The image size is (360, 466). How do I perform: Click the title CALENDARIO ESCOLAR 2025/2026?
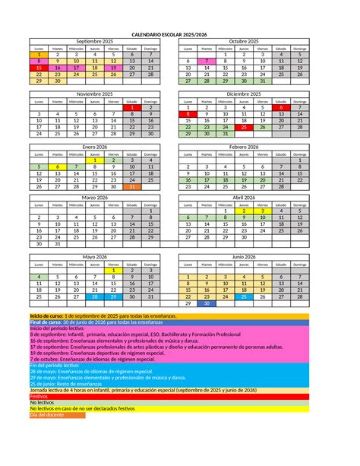[179, 34]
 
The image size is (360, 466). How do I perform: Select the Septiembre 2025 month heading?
[94, 41]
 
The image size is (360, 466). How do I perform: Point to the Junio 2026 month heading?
[244, 257]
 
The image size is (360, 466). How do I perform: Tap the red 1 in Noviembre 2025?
[132, 107]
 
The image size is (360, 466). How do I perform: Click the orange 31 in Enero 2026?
[132, 185]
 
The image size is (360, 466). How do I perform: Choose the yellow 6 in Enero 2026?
[58, 166]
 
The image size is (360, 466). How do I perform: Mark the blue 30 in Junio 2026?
[206, 303]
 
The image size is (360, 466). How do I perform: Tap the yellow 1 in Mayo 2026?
[113, 271]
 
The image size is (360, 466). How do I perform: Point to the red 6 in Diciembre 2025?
[281, 107]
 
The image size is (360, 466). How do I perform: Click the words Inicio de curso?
[46, 315]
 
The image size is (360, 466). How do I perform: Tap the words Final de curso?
[45, 322]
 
